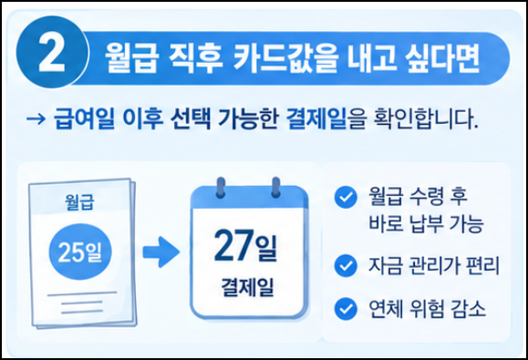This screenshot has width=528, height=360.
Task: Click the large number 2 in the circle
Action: [x=52, y=53]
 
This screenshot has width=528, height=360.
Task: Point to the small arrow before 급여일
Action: [x=36, y=119]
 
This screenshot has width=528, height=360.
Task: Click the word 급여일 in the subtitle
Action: [x=84, y=118]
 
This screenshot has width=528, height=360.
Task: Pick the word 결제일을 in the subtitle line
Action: [x=326, y=118]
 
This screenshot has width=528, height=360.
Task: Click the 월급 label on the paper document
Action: [x=79, y=201]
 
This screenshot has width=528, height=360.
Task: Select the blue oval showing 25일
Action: [x=80, y=252]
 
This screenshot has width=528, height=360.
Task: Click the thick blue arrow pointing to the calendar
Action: [x=161, y=252]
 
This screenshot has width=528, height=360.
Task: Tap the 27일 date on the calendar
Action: [x=245, y=245]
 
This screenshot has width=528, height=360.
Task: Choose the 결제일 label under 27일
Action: [x=247, y=288]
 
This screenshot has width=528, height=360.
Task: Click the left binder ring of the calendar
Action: [x=221, y=187]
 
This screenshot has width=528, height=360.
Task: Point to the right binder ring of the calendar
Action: [x=275, y=187]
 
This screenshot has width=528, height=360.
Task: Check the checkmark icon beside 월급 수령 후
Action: [x=346, y=197]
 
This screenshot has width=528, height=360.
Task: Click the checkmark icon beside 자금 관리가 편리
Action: [x=346, y=265]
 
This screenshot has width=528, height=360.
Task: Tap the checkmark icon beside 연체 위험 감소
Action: [x=346, y=309]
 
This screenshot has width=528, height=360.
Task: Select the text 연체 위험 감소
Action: [x=428, y=309]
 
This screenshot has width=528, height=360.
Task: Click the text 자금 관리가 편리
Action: [x=434, y=265]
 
